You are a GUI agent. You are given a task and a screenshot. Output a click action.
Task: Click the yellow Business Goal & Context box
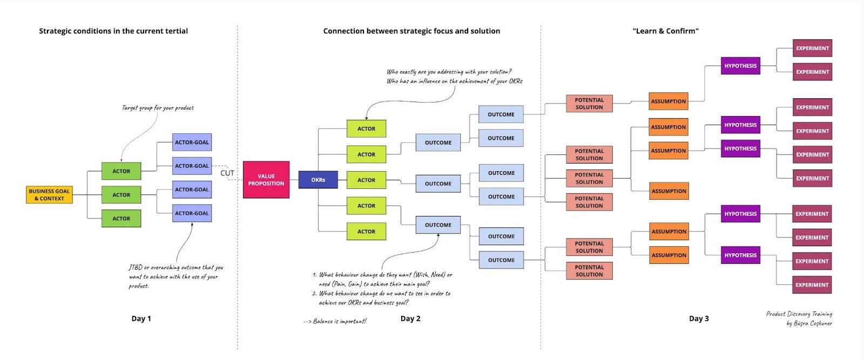pos(49,195)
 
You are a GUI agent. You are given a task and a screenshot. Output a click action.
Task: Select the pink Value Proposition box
pos(266,180)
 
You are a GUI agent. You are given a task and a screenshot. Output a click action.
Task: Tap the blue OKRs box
pos(318,180)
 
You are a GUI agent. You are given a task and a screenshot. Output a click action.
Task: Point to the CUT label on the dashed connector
pos(227,173)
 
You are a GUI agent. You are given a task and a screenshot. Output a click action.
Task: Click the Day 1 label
pos(141,318)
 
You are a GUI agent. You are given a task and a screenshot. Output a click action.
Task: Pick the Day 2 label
pos(410,318)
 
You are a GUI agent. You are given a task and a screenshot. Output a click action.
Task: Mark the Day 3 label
pos(699,318)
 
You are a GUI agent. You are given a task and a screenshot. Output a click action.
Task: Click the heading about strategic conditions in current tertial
pos(113,31)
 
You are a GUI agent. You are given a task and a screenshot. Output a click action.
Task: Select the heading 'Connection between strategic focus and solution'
pos(411,31)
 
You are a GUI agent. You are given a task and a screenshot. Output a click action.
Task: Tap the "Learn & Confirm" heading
pos(665,31)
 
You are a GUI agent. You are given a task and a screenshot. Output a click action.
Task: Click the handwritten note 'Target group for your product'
pos(158,108)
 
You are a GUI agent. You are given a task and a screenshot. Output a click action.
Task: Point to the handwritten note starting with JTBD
pos(175,276)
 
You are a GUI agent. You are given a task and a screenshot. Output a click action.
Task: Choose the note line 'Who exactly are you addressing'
pos(449,72)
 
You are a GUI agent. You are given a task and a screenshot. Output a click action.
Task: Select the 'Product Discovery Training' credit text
pos(799,314)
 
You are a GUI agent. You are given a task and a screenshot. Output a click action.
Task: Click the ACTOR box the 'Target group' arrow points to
pos(122,171)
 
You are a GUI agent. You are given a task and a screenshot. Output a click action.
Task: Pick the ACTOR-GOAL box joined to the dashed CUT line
pos(192,166)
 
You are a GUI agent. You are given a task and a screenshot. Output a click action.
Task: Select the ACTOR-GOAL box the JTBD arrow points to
pos(192,213)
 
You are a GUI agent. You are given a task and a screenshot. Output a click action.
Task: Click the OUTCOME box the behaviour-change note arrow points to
pos(438,225)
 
